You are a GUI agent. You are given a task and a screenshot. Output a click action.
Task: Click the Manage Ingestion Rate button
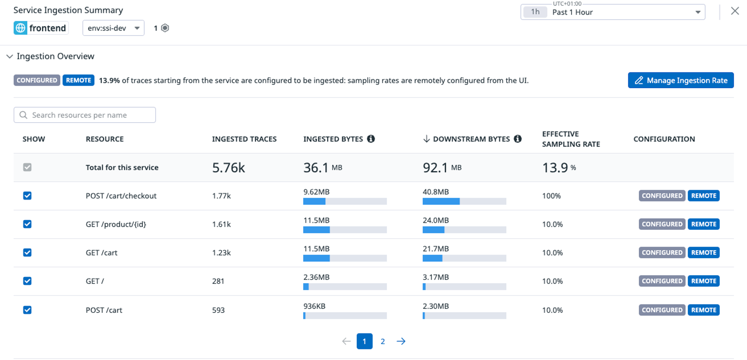point(680,80)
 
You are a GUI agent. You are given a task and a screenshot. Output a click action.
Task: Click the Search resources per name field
point(85,115)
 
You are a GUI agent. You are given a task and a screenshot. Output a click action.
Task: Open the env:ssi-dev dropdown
point(113,28)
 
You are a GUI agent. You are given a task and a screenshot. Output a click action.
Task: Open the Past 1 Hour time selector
point(613,12)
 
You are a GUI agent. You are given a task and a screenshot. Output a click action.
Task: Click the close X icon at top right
point(735,11)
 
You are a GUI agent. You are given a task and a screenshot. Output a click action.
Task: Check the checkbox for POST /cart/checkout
point(27,196)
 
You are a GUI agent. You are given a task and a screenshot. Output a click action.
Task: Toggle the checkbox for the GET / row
point(27,281)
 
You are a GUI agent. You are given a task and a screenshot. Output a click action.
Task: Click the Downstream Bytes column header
point(471,139)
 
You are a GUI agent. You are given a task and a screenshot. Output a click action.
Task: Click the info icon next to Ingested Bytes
point(371,139)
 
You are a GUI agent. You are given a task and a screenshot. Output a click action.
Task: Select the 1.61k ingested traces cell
point(221,224)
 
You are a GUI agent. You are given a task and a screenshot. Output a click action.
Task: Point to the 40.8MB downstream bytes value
point(436,192)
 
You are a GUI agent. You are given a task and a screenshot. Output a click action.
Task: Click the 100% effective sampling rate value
point(551,196)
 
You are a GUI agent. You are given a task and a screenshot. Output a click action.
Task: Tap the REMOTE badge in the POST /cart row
point(703,310)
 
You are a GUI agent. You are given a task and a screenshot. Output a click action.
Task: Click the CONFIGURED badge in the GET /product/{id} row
point(662,224)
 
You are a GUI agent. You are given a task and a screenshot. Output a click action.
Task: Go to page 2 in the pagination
point(383,341)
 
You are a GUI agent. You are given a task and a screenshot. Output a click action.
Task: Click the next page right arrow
point(401,341)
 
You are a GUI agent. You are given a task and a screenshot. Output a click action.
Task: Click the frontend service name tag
point(41,28)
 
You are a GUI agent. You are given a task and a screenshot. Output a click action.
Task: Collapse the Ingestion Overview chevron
point(10,56)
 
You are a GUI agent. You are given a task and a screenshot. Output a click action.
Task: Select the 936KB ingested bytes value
point(314,306)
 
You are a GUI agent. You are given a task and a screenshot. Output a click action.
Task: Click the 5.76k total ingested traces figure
point(228,168)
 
